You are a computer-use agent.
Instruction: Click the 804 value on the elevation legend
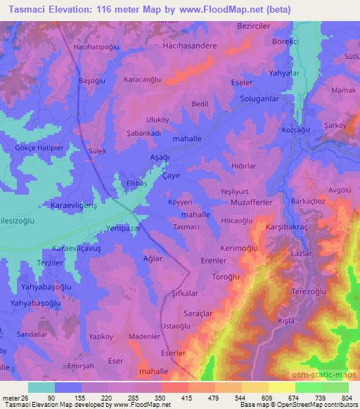[346, 398]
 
